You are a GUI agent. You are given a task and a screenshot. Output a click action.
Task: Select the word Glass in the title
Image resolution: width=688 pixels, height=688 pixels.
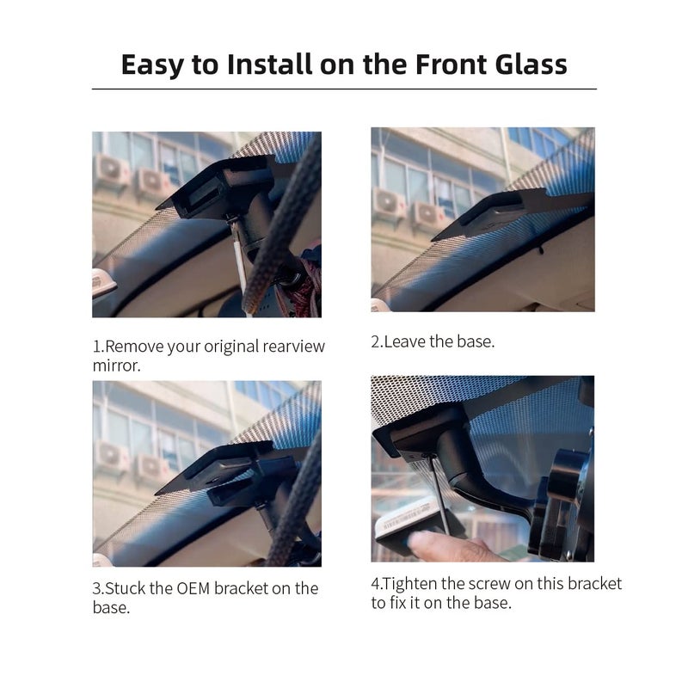(x=525, y=64)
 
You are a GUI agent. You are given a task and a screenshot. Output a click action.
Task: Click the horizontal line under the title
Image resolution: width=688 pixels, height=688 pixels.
(x=344, y=89)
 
